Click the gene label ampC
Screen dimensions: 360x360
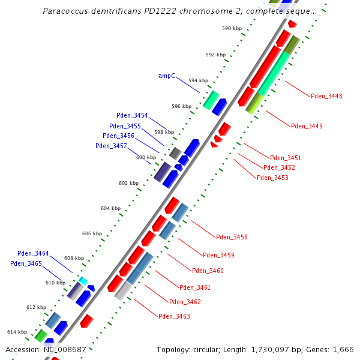(x=167, y=76)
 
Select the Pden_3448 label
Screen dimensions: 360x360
(x=326, y=97)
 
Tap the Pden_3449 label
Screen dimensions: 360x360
(x=307, y=126)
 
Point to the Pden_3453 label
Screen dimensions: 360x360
(x=272, y=178)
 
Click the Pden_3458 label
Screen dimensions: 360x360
(x=232, y=237)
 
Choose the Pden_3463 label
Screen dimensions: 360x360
(x=174, y=316)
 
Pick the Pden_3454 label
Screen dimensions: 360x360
(x=132, y=115)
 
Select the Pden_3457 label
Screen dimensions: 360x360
(x=111, y=146)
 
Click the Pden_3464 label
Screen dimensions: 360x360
(x=33, y=253)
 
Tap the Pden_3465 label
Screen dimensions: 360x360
(x=26, y=263)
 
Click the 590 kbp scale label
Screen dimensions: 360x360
(x=231, y=28)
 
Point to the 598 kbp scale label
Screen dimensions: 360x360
(x=164, y=132)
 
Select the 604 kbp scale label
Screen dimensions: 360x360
(x=110, y=208)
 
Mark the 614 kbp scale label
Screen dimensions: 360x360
(x=17, y=332)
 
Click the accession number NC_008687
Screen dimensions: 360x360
(x=63, y=349)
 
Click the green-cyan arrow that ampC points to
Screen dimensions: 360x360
(x=211, y=100)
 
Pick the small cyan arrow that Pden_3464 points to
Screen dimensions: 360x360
(x=83, y=281)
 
